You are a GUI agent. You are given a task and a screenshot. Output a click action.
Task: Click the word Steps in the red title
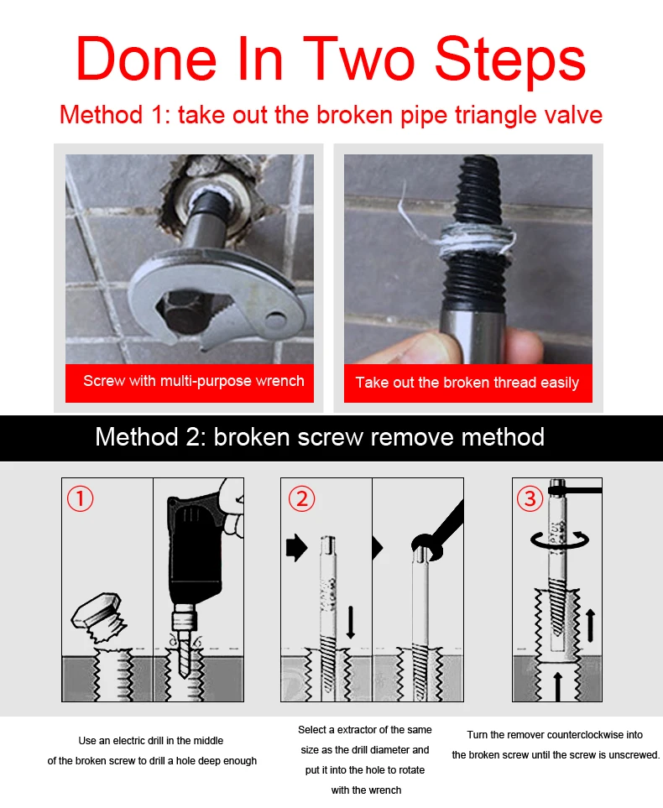510,60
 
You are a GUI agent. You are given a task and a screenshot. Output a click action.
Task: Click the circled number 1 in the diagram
80,499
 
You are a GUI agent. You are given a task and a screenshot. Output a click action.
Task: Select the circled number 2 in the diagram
301,499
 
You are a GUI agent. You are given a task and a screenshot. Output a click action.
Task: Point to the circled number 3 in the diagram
530,499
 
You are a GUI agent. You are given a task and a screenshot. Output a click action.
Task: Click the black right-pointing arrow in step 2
296,547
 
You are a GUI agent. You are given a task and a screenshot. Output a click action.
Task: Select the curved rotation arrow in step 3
560,541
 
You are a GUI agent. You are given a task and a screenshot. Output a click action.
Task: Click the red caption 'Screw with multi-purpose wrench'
194,381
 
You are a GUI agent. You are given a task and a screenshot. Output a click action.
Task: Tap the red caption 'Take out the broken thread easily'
467,383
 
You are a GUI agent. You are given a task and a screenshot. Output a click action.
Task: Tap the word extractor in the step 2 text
357,730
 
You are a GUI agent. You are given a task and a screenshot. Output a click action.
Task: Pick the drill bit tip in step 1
182,674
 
